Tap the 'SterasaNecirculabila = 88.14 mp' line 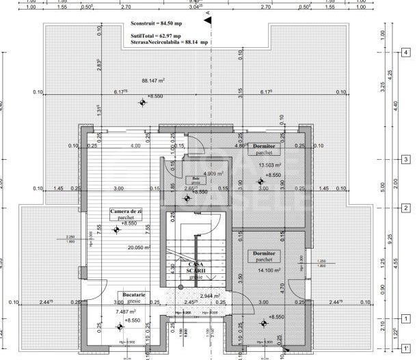tap(170, 41)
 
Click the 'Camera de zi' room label tap(126, 212)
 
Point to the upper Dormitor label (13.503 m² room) tap(264, 147)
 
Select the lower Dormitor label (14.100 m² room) tap(263, 253)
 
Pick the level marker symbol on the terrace tap(142, 103)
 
